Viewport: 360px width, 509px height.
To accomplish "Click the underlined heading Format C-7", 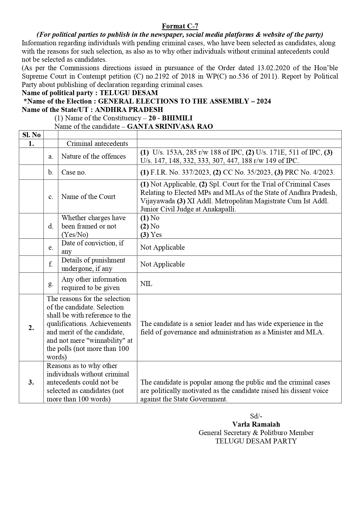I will pyautogui.click(x=180, y=26).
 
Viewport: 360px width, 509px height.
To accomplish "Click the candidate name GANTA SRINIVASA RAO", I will pyautogui.click(x=170, y=126).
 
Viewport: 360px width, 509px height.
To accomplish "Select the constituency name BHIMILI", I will pyautogui.click(x=177, y=118).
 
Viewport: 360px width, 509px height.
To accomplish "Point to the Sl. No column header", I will pyautogui.click(x=31, y=135).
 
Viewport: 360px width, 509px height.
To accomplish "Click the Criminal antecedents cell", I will pyautogui.click(x=97, y=144).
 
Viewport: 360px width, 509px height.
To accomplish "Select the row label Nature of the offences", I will pyautogui.click(x=93, y=156).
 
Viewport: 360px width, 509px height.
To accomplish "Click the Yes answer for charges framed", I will pyautogui.click(x=156, y=235).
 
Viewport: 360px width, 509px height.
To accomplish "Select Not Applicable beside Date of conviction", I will pyautogui.click(x=162, y=247).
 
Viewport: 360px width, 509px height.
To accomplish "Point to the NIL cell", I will pyautogui.click(x=146, y=284).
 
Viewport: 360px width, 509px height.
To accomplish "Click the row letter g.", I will pyautogui.click(x=51, y=284).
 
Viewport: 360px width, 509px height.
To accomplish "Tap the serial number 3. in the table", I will pyautogui.click(x=31, y=382).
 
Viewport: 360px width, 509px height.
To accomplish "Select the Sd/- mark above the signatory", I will pyautogui.click(x=256, y=416).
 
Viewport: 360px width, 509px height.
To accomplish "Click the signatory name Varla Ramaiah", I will pyautogui.click(x=256, y=424).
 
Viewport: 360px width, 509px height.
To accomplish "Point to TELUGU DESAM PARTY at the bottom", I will pyautogui.click(x=256, y=441).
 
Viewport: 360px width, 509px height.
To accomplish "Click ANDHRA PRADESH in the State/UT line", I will pyautogui.click(x=129, y=110).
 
